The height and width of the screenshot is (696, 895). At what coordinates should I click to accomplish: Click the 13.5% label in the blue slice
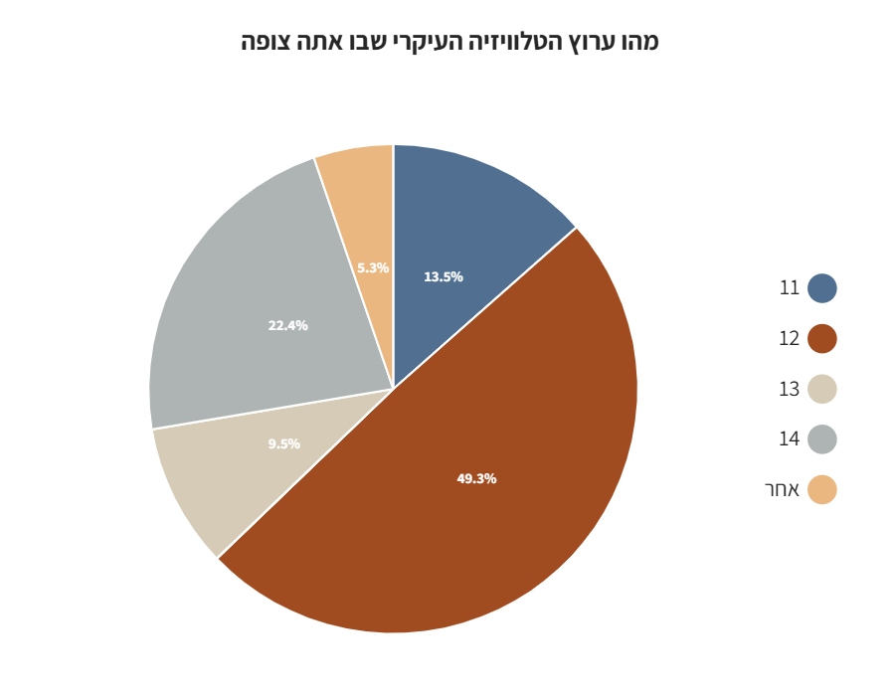point(444,277)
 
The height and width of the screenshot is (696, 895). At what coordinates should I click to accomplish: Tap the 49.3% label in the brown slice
point(476,478)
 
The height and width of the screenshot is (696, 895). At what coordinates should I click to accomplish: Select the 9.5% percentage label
point(283,444)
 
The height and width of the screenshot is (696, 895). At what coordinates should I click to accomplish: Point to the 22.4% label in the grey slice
point(287,325)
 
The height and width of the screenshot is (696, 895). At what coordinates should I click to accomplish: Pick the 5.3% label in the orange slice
point(373,267)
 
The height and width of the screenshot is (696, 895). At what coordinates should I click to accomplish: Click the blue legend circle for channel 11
point(822,288)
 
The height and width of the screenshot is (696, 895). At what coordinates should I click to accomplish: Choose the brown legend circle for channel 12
point(822,339)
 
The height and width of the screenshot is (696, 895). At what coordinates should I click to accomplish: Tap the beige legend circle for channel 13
point(822,389)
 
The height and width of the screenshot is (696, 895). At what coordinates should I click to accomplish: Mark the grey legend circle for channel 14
point(822,439)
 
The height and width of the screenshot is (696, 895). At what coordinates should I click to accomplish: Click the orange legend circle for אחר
point(822,489)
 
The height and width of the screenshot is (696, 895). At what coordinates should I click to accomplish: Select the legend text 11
point(790,288)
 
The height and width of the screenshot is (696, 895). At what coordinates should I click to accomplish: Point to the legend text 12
point(790,339)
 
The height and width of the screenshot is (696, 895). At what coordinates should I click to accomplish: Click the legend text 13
point(790,389)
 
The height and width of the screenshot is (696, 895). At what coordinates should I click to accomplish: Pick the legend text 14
point(790,439)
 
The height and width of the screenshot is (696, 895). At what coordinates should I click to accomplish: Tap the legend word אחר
point(782,489)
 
